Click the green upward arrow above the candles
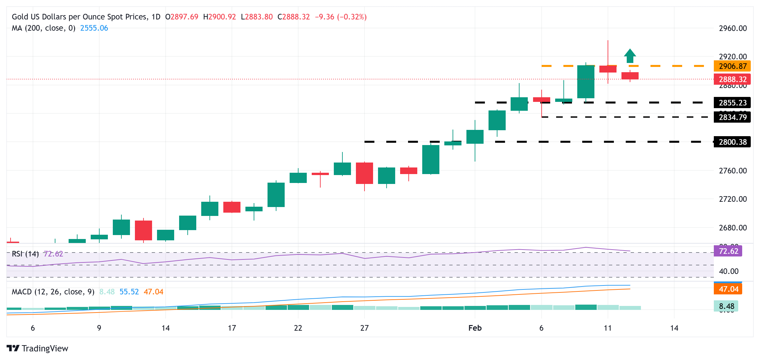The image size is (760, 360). pos(630,56)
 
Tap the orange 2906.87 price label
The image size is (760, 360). pos(732,66)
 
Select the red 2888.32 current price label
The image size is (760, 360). pos(732,79)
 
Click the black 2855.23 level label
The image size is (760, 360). pos(732,103)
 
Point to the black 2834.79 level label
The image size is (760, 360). pos(732,117)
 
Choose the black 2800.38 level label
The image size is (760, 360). pos(732,142)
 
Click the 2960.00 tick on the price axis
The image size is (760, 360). pos(733,28)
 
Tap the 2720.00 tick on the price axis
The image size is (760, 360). pos(733,199)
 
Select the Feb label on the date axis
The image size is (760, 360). pos(475,328)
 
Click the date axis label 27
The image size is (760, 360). pos(364,328)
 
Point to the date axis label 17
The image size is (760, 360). pos(232,328)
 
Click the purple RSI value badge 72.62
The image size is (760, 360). pos(728,251)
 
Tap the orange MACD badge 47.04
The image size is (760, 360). pos(728,289)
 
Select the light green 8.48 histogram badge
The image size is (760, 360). pos(726,306)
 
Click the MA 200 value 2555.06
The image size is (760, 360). pos(94,28)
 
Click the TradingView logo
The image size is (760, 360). pos(37,348)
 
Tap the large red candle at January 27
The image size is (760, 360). pos(364,173)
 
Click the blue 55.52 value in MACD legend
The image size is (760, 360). pos(129,292)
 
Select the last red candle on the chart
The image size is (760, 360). pos(630,76)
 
